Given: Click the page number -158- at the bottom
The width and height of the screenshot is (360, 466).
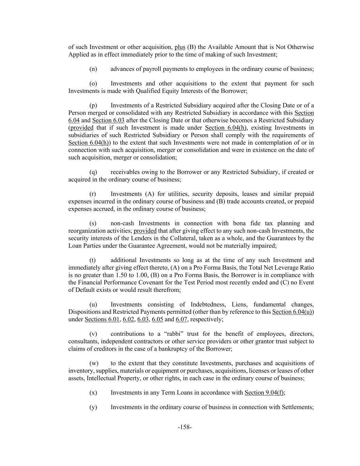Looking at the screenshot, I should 185,427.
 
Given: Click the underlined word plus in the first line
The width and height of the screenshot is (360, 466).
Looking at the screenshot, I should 180,47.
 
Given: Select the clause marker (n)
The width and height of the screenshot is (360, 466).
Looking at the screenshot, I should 93,69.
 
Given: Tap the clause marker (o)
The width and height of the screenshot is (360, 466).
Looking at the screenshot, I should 93,84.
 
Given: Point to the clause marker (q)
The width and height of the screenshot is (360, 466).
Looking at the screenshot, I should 93,172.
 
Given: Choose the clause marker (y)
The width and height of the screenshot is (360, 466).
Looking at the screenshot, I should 93,407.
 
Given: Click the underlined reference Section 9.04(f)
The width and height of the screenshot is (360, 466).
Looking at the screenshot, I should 264,393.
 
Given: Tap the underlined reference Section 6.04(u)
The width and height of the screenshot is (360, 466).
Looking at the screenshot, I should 292,312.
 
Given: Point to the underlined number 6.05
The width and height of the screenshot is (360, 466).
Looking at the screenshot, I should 157,319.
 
